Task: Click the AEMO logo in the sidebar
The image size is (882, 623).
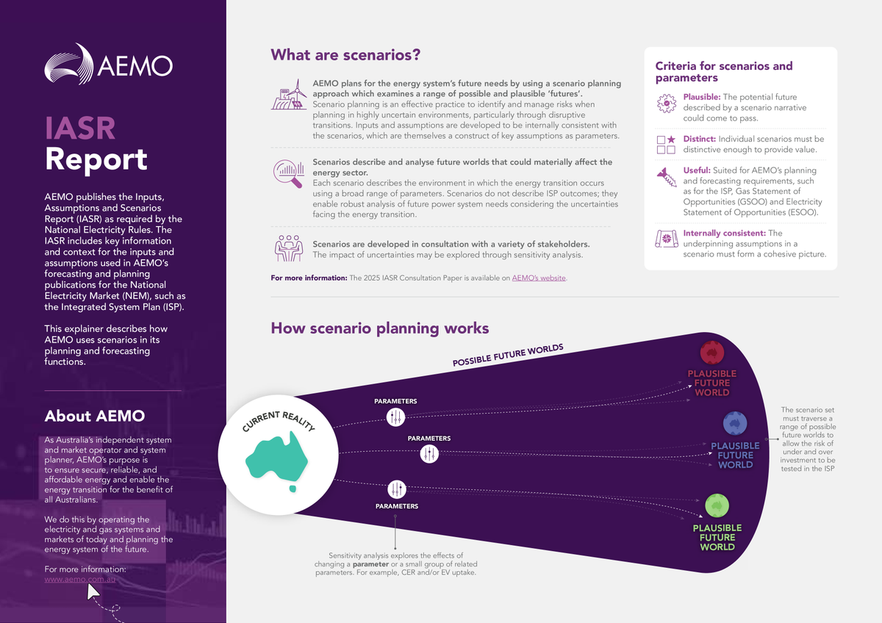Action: tap(109, 67)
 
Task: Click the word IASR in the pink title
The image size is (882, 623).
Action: tap(80, 128)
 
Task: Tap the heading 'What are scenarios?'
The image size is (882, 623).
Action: tap(345, 55)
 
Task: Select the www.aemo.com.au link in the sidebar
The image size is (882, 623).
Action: tap(80, 579)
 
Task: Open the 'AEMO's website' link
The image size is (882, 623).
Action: tap(540, 278)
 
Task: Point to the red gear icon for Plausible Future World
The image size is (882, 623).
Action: tap(711, 352)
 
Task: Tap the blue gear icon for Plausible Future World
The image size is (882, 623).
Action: tap(734, 424)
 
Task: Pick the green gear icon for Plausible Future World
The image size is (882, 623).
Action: tap(717, 505)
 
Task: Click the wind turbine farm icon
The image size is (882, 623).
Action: tap(290, 96)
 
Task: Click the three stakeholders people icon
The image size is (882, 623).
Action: tap(288, 248)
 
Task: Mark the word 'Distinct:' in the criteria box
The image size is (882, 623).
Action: tap(699, 139)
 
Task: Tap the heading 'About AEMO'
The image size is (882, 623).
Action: tap(94, 416)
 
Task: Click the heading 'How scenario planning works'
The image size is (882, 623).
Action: tap(380, 328)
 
